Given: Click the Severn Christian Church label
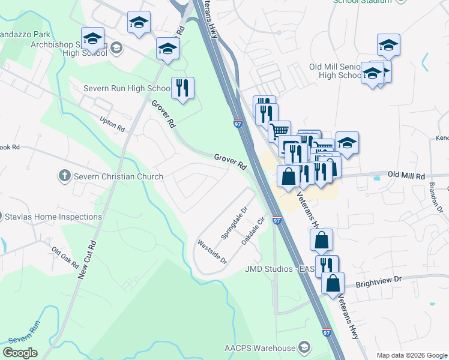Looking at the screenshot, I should [x=118, y=176].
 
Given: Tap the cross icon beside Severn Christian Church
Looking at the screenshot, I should [x=65, y=176].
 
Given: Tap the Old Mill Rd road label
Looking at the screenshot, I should [x=406, y=176].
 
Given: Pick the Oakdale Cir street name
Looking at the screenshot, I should [x=253, y=230].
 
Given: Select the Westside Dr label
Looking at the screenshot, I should [x=212, y=252].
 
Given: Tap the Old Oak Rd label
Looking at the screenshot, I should [x=65, y=257].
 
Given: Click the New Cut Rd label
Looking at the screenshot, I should [x=88, y=259].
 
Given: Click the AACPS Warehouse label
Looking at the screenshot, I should [x=260, y=348].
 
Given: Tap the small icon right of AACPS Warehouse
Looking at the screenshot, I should [x=305, y=348].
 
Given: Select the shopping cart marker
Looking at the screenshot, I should [x=279, y=130].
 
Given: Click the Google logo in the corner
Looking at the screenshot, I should [x=20, y=353].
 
